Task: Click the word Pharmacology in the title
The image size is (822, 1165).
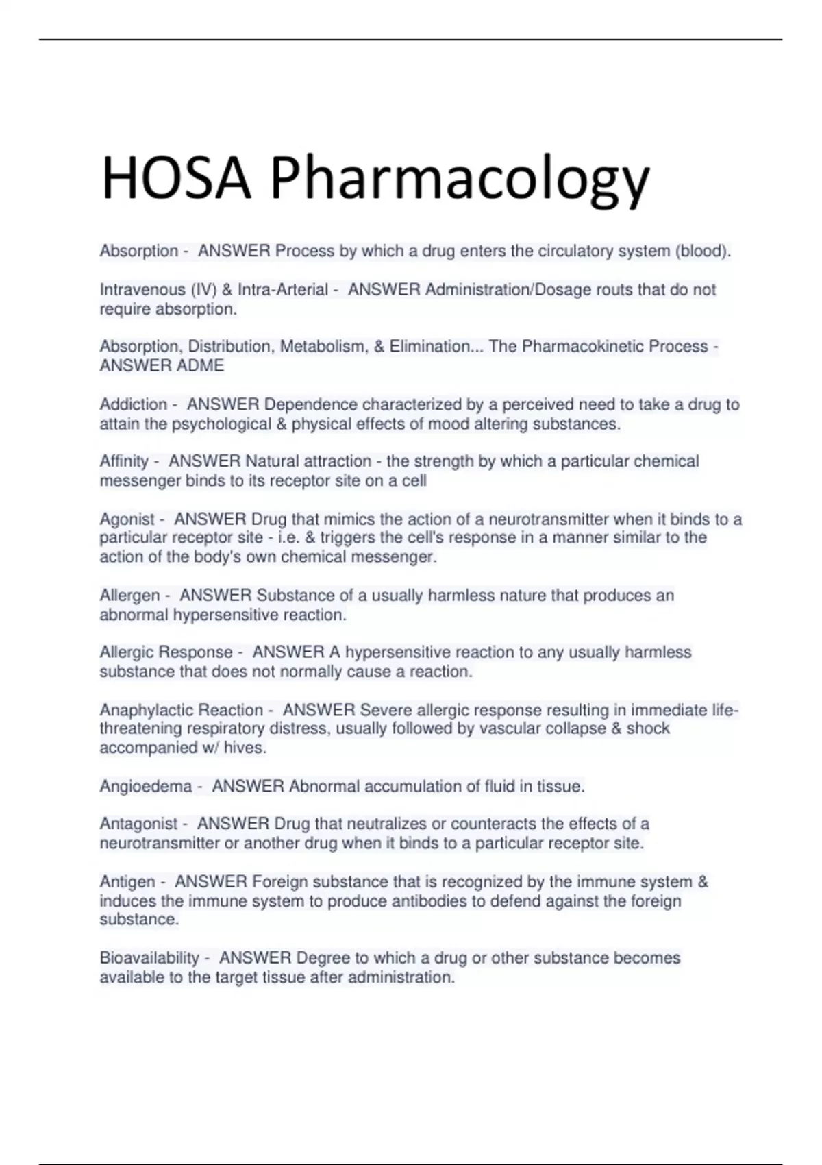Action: click(459, 180)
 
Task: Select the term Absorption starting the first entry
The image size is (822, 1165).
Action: click(138, 252)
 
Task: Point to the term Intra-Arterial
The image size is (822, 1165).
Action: click(282, 290)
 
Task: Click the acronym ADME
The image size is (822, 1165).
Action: click(201, 366)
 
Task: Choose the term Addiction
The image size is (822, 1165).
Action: click(133, 404)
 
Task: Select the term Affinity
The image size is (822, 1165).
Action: click(123, 461)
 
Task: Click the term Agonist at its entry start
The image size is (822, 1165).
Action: click(127, 519)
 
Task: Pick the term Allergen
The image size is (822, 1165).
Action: click(129, 596)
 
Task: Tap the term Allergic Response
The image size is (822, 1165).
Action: click(166, 652)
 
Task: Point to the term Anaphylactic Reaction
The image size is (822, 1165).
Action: click(181, 710)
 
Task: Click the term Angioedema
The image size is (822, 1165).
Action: click(145, 786)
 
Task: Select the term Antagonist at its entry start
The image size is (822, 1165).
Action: click(138, 824)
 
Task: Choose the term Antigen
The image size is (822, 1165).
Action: click(127, 881)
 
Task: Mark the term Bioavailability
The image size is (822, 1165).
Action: click(149, 957)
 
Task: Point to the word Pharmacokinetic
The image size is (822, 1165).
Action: click(583, 347)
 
